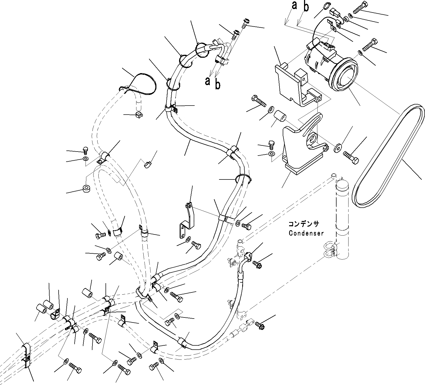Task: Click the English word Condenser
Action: pyautogui.click(x=306, y=233)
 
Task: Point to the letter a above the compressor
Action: pyautogui.click(x=294, y=5)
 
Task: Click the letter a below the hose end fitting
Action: pyautogui.click(x=208, y=81)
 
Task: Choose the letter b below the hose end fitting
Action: pyautogui.click(x=218, y=85)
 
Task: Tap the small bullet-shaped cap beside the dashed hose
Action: pyautogui.click(x=148, y=164)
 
